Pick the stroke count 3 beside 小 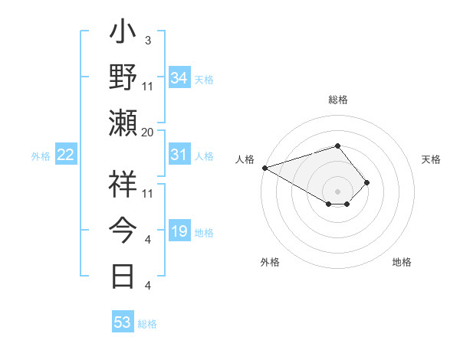(147, 39)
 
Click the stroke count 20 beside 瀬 (148, 132)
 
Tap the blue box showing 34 (179, 78)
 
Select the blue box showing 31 (179, 155)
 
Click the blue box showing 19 (179, 232)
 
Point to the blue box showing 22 (65, 155)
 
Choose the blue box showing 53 (123, 322)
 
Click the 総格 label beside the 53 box (147, 324)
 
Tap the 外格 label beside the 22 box (41, 156)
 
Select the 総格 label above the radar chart (337, 100)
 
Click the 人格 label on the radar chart (245, 159)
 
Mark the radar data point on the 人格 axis (264, 167)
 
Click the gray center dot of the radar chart (337, 190)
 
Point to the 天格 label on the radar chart (432, 159)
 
